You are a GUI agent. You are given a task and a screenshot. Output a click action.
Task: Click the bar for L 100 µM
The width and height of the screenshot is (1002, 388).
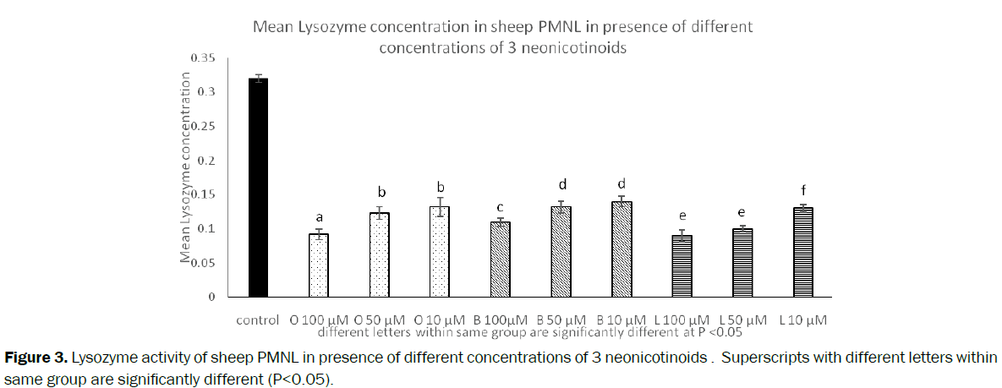pyautogui.click(x=682, y=266)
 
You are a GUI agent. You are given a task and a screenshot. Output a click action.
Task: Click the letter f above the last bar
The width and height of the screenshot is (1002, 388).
pyautogui.click(x=802, y=190)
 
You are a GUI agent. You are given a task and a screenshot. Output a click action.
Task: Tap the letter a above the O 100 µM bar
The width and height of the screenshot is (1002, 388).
pyautogui.click(x=319, y=217)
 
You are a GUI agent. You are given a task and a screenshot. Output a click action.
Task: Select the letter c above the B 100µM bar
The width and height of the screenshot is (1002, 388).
pyautogui.click(x=501, y=207)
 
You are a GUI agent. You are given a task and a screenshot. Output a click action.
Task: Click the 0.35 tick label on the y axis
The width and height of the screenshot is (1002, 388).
pyautogui.click(x=203, y=57)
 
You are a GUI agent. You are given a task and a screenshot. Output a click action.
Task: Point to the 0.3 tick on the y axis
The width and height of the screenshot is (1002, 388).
pyautogui.click(x=206, y=91)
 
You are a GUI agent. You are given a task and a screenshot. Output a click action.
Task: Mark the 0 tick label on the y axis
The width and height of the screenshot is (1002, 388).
pyautogui.click(x=211, y=297)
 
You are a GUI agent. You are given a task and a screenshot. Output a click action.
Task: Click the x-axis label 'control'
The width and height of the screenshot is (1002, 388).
pyautogui.click(x=259, y=320)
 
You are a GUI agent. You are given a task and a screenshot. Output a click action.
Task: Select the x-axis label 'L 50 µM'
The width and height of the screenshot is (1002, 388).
pyautogui.click(x=743, y=320)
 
